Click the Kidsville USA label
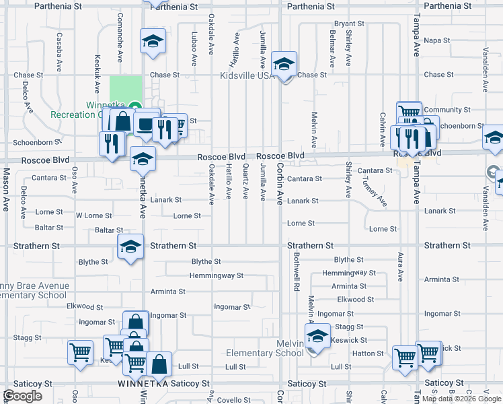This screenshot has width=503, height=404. pyautogui.click(x=247, y=75)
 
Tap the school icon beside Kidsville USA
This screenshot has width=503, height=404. pyautogui.click(x=284, y=65)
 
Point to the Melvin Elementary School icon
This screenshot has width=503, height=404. pyautogui.click(x=317, y=336)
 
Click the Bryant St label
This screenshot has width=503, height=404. pyautogui.click(x=349, y=24)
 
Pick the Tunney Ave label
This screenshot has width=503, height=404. pyautogui.click(x=374, y=192)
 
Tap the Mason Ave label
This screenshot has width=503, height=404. pyautogui.click(x=5, y=191)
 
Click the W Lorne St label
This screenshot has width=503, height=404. pyautogui.click(x=93, y=215)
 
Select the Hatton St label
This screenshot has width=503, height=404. pyautogui.click(x=368, y=353)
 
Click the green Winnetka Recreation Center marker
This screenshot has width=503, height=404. pyautogui.click(x=134, y=106)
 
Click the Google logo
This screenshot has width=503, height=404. pyautogui.click(x=23, y=396)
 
